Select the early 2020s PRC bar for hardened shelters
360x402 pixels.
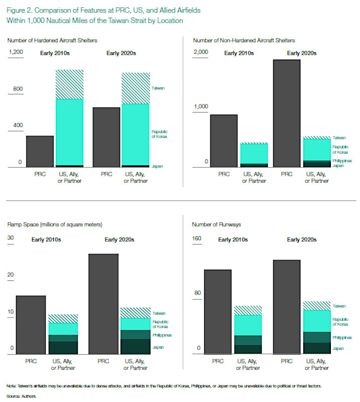point(106,137)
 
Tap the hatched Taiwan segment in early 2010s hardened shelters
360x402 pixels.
point(69,84)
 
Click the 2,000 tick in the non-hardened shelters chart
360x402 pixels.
point(200,53)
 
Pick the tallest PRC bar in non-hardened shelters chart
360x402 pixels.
point(286,113)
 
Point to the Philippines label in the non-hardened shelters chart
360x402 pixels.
point(341,161)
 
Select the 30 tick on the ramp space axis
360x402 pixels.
point(11,239)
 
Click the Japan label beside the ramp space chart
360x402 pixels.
point(159,347)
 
